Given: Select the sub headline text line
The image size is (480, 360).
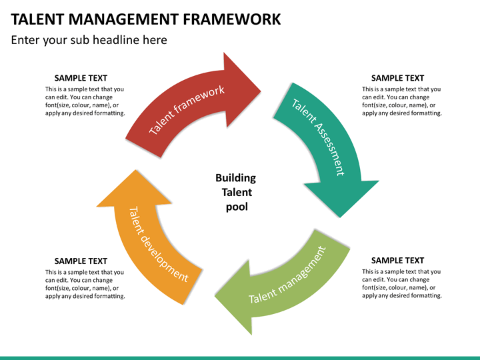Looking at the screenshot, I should pyautogui.click(x=89, y=40).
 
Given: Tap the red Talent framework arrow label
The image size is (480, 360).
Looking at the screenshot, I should pyautogui.click(x=187, y=109).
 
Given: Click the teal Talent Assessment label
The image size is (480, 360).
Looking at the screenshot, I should pyautogui.click(x=319, y=137).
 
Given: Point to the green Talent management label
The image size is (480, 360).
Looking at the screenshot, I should pyautogui.click(x=287, y=275).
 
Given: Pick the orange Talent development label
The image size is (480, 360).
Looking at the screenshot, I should pyautogui.click(x=157, y=243).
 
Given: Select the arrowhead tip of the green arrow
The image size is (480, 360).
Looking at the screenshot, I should pyautogui.click(x=217, y=293).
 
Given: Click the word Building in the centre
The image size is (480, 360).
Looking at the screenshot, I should pyautogui.click(x=235, y=178).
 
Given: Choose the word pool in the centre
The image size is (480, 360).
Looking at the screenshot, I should pyautogui.click(x=236, y=207).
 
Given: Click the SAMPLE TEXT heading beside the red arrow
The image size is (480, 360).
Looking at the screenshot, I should pyautogui.click(x=81, y=78).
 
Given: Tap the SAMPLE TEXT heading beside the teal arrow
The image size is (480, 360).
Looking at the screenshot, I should pyautogui.click(x=397, y=78).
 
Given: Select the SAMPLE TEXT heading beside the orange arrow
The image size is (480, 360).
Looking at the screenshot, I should pyautogui.click(x=81, y=261).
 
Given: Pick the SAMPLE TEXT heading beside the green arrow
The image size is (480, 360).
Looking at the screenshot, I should pyautogui.click(x=397, y=261).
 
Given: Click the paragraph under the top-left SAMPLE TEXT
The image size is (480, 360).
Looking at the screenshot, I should pyautogui.click(x=85, y=101).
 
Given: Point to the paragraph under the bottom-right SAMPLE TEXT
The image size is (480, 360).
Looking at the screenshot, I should pyautogui.click(x=401, y=284).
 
